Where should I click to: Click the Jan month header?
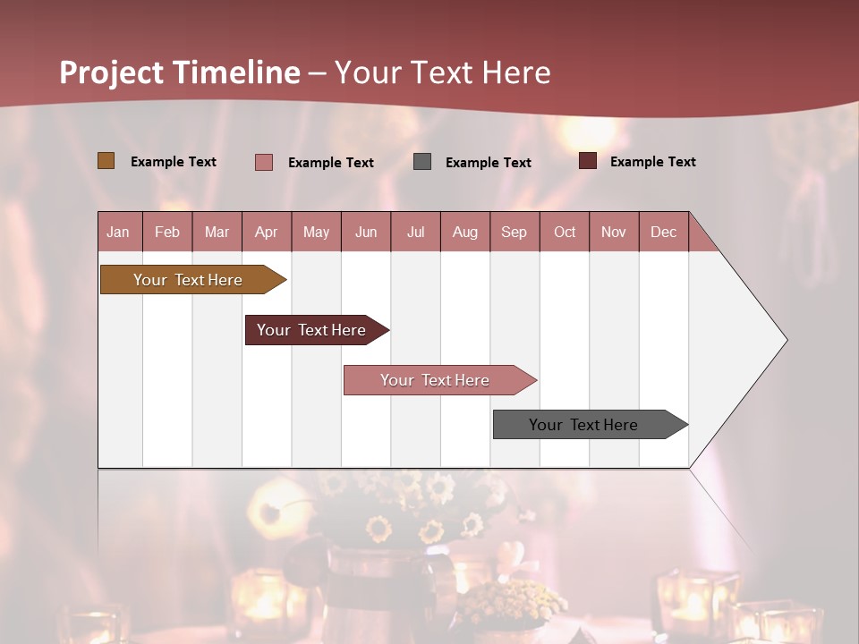[119, 232]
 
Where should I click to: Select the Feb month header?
[167, 232]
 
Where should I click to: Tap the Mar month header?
[217, 232]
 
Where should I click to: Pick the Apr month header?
[267, 232]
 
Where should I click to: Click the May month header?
[316, 232]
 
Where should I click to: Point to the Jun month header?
[366, 232]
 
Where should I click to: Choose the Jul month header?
[415, 232]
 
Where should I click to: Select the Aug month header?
[465, 232]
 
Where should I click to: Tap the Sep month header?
[515, 232]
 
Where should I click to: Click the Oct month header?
[565, 232]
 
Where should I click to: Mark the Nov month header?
[614, 232]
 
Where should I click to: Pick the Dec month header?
[663, 232]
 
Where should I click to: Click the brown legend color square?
[106, 161]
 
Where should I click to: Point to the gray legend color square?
[422, 162]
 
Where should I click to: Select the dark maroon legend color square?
[588, 161]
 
